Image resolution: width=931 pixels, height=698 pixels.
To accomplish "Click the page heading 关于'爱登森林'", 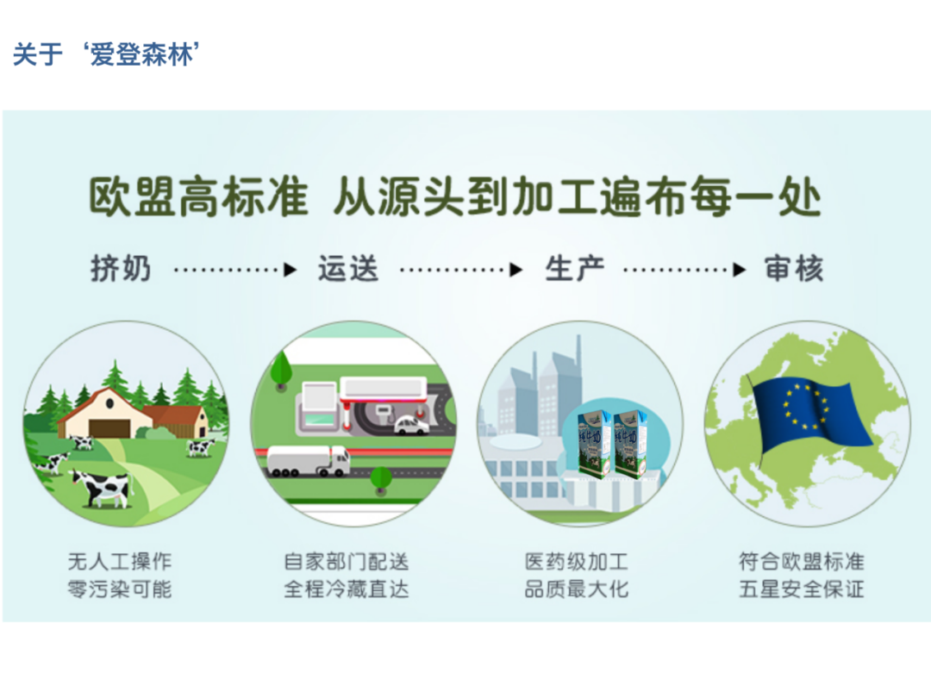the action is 106,54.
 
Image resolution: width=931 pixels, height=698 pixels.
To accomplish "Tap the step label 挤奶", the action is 122,268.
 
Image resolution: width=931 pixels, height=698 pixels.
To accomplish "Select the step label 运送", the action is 348,268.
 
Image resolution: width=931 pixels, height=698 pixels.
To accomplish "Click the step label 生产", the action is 575,268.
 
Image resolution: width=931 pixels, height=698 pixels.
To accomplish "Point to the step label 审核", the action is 794,268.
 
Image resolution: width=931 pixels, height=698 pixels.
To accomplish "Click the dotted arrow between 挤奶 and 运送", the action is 235,270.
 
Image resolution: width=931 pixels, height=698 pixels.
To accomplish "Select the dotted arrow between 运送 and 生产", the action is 461,270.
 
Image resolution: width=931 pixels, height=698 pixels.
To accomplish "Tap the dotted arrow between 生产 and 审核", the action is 684,270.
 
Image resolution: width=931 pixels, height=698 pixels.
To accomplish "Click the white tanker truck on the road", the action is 308,461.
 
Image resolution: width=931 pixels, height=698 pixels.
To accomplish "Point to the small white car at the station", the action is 411,425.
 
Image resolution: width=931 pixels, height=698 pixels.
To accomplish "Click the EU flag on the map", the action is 812,414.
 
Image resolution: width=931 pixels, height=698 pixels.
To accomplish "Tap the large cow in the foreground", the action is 101,488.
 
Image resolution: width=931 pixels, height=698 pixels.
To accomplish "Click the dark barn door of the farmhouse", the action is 109,428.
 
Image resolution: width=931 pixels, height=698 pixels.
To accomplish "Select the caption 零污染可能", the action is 119,589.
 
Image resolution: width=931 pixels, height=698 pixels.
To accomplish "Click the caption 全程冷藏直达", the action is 347,589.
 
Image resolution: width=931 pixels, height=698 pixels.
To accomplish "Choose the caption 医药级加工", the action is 576,562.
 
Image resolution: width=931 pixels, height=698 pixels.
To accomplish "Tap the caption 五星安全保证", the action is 802,589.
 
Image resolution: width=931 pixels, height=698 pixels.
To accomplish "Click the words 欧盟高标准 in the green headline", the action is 198,197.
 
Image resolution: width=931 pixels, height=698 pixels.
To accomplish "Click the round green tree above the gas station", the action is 281,369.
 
